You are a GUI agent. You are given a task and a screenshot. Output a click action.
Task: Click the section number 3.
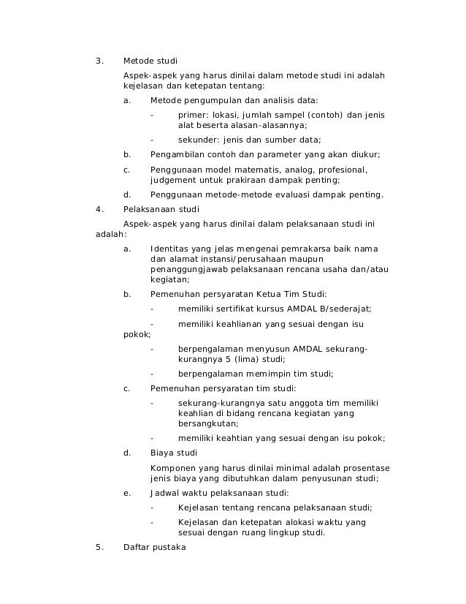coord(99,60)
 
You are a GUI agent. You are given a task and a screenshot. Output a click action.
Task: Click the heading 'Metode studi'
coord(150,60)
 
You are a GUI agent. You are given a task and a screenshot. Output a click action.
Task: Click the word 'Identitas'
coord(168,249)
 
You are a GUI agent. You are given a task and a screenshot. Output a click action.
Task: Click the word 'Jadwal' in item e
coord(165,493)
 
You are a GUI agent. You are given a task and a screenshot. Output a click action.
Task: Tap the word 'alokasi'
coord(291,522)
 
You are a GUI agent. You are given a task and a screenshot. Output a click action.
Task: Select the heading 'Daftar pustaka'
coord(155,548)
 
